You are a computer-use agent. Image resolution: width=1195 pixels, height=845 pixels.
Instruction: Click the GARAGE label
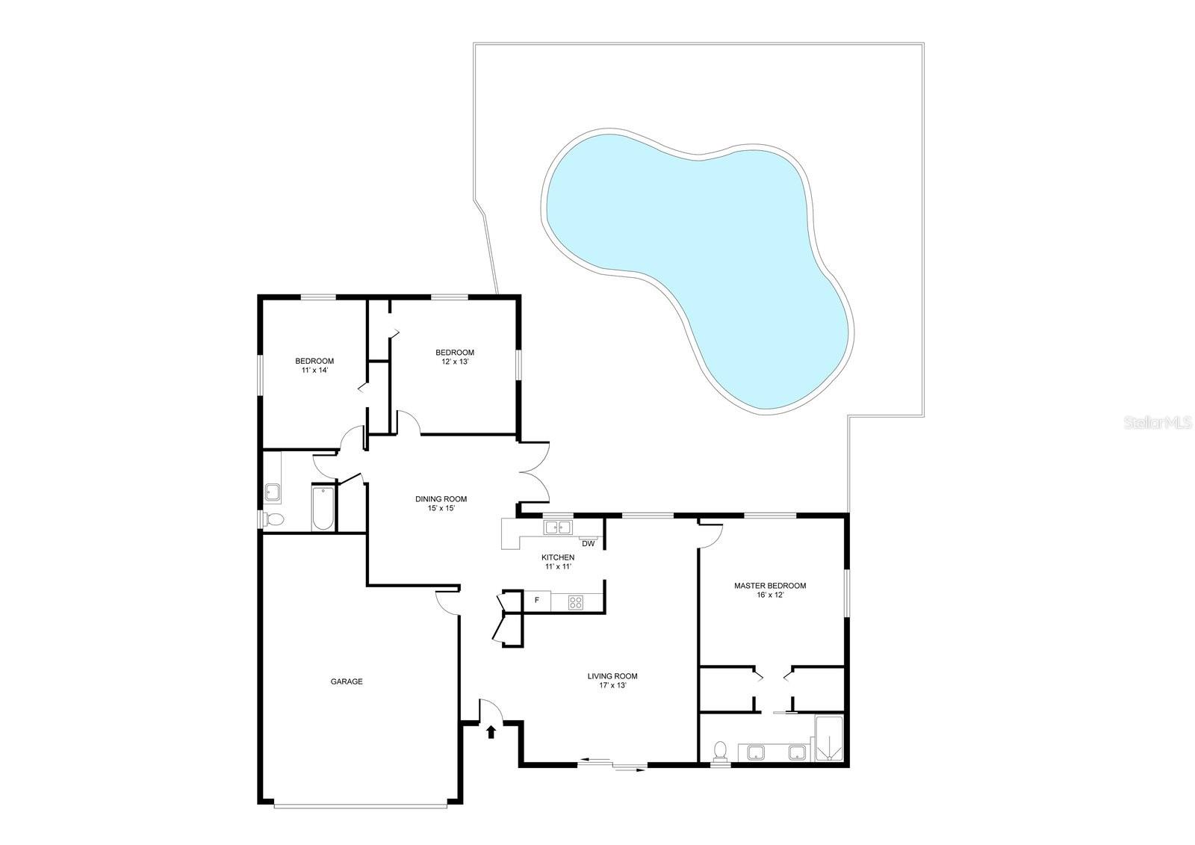coord(347,681)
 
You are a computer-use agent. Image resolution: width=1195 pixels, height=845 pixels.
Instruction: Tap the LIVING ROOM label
coord(612,680)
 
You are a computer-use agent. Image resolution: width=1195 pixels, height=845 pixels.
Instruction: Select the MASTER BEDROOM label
coord(769,590)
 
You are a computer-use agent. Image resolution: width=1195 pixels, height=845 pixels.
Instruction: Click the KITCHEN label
coord(558,561)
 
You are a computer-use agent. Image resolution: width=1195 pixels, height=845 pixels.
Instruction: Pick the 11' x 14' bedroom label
coord(314,365)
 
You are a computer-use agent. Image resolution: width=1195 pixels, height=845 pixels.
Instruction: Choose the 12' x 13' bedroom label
coord(454,356)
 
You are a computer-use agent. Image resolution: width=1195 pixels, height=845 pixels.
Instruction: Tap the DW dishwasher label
coord(589,543)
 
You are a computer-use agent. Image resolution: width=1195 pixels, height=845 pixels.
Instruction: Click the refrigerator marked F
coord(536,601)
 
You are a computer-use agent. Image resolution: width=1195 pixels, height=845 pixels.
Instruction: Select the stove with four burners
coord(575,601)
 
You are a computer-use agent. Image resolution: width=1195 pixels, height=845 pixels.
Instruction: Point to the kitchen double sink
coord(558,528)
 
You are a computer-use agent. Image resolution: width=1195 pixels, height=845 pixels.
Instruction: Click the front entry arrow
coord(491,731)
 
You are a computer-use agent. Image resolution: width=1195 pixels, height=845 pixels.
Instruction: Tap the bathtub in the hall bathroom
coord(323,508)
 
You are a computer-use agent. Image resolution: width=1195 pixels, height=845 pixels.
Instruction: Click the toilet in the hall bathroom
coord(273,519)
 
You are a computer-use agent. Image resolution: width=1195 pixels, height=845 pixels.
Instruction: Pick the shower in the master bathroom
coord(828,740)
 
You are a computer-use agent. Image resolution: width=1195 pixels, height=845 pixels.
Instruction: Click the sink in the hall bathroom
coord(273,492)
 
